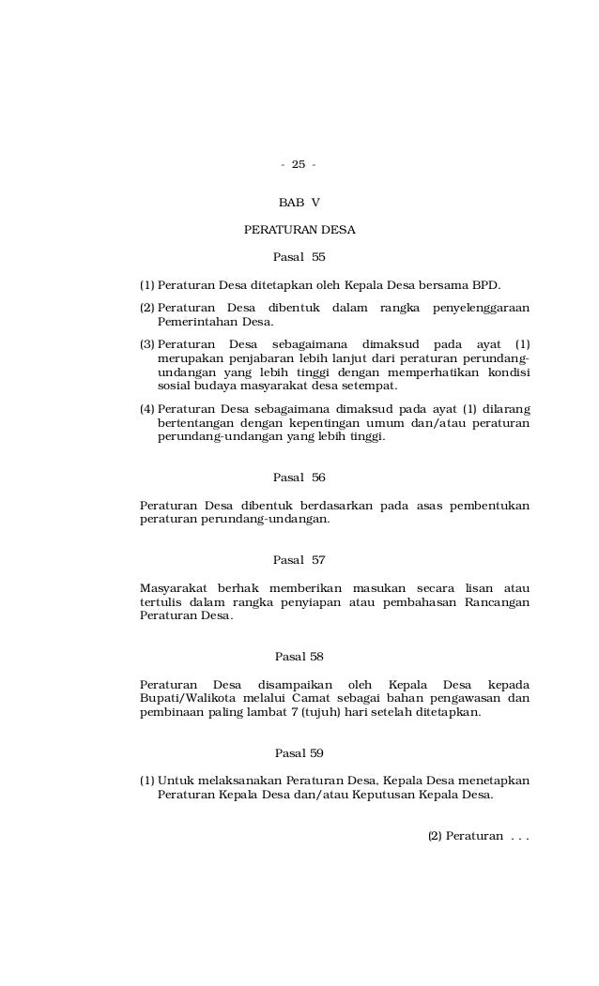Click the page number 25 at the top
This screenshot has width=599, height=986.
coord(299,165)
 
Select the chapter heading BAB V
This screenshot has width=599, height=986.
coord(299,203)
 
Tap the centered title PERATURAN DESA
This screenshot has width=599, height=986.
coord(299,230)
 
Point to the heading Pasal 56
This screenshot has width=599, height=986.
coord(299,478)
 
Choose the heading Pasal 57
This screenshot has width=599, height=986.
coord(299,560)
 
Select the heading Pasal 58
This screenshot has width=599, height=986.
coord(299,656)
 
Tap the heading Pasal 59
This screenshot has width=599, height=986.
coord(299,753)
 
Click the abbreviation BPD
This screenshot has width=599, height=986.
coord(484,284)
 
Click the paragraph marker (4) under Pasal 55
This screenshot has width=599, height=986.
coord(147,409)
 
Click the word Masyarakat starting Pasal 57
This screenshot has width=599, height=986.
coord(172,588)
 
